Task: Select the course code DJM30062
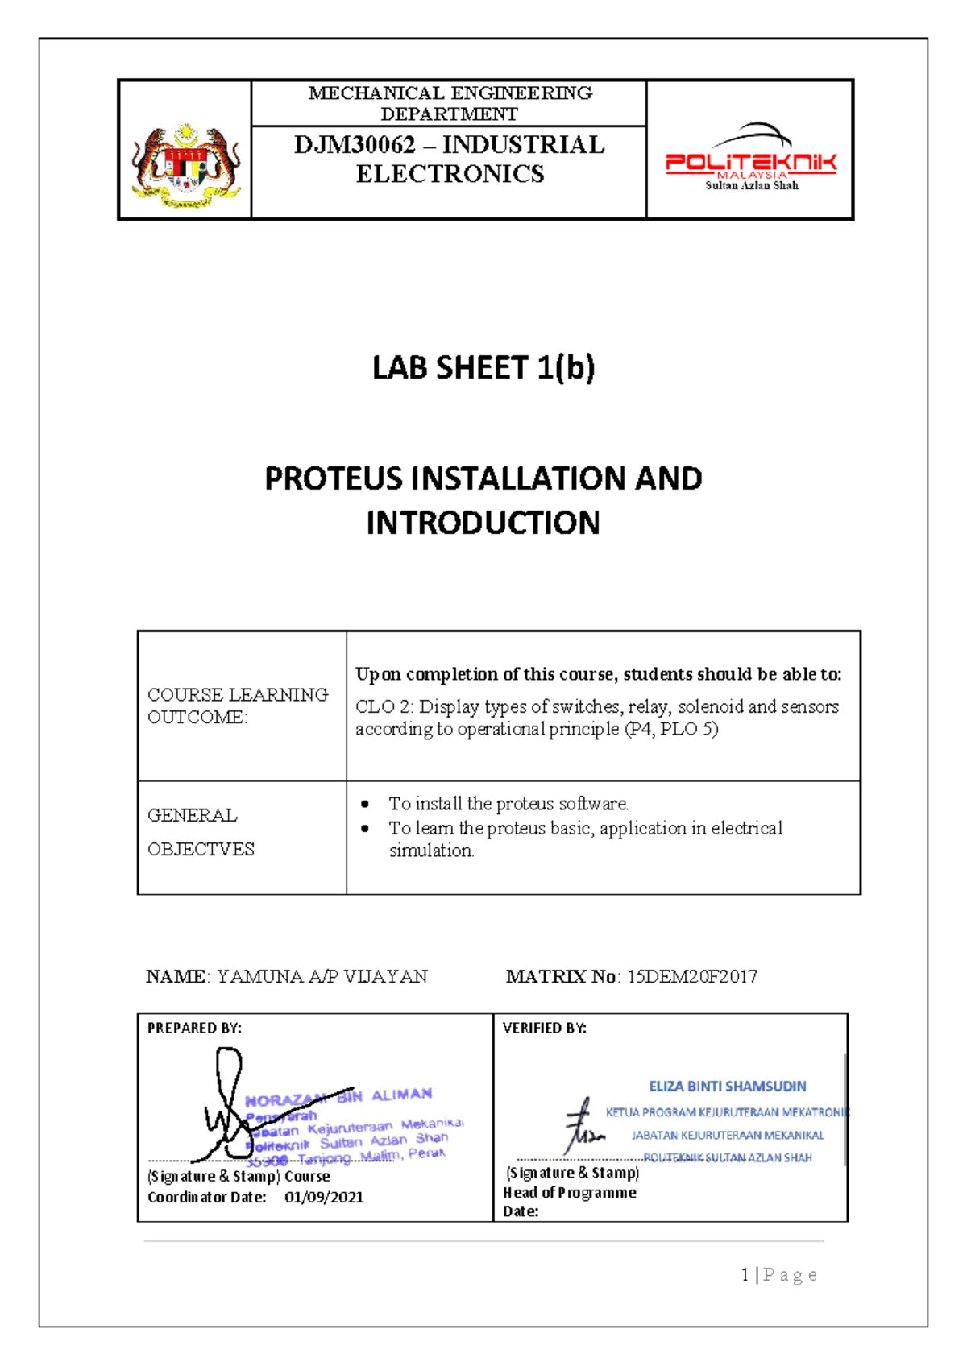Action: click(355, 145)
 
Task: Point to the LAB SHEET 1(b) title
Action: click(483, 368)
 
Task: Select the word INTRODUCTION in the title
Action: click(483, 524)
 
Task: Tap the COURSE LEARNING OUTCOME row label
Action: click(238, 706)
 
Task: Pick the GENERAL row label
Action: click(193, 815)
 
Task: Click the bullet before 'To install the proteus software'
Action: click(366, 804)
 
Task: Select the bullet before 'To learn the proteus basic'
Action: click(366, 828)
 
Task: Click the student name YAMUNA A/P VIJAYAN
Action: click(322, 977)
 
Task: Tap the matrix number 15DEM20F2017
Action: click(692, 977)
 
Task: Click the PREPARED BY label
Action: click(194, 1028)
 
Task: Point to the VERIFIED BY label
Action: click(545, 1028)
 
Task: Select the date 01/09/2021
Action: click(324, 1198)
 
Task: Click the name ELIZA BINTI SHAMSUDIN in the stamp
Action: click(727, 1087)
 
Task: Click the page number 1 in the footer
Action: click(745, 1275)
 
